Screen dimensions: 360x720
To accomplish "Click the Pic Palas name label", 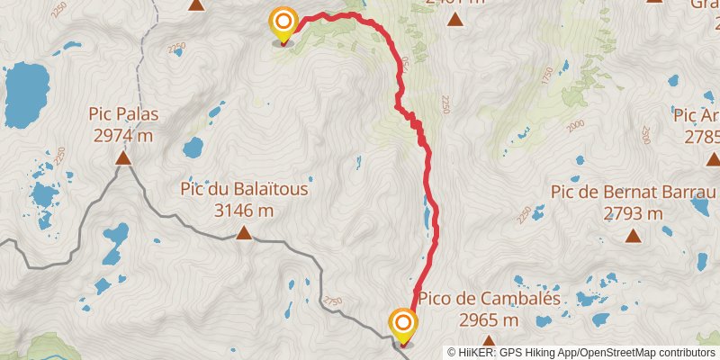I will coord(123,114).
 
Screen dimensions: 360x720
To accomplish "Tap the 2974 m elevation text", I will coord(123,135).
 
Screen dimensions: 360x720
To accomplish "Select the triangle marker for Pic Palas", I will coord(123,159).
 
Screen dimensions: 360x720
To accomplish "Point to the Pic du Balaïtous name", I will coord(244,190).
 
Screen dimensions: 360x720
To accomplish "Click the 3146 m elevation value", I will coord(244,211).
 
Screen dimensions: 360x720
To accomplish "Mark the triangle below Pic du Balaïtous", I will coord(243,234).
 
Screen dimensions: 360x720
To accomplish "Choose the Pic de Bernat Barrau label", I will coord(634,193).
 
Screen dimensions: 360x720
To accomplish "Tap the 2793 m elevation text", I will coord(634,213).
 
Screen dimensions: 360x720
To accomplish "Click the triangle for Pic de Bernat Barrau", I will coord(634,237).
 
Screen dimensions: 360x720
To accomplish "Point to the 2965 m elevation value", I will coord(489,319).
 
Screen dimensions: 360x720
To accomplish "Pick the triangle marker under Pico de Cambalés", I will coord(489,341).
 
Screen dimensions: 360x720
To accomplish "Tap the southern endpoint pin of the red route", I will coord(403,325).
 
